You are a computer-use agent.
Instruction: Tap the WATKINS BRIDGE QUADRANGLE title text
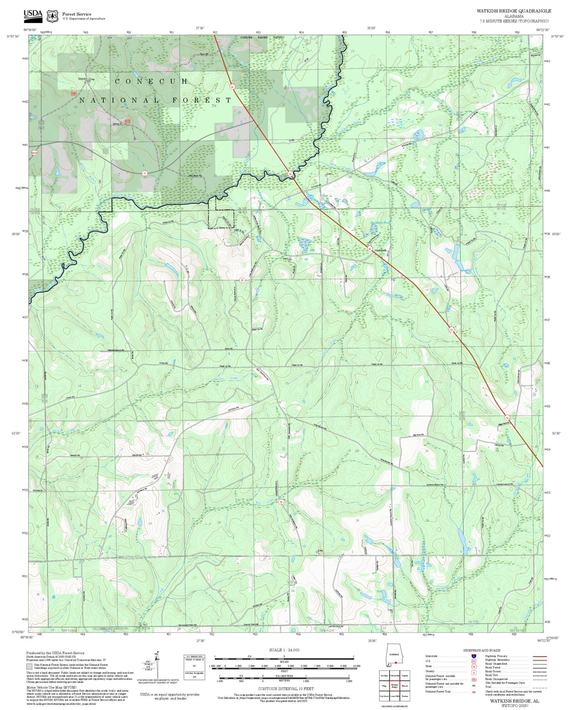click(514, 11)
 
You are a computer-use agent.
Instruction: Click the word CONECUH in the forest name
click(151, 82)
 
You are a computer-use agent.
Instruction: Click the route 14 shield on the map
click(144, 173)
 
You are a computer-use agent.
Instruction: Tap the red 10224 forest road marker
click(34, 153)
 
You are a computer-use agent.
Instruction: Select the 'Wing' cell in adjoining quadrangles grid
click(384, 686)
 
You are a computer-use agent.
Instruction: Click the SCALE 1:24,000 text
click(284, 650)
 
